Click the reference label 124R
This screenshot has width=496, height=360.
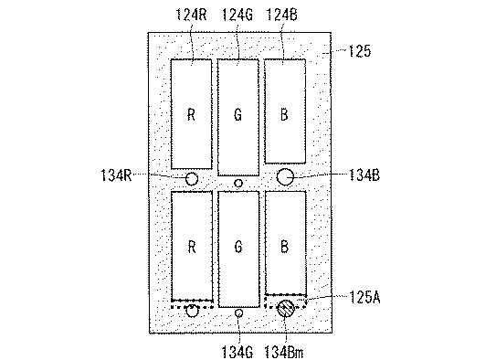click(x=191, y=15)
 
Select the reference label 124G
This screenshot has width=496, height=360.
click(x=237, y=15)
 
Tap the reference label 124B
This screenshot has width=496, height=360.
click(x=282, y=15)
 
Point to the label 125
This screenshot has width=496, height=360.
click(x=359, y=51)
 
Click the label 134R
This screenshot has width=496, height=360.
click(x=116, y=175)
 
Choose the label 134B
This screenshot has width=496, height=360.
click(x=364, y=175)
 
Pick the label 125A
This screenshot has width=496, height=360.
click(x=364, y=297)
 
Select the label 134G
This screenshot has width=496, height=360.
click(x=237, y=352)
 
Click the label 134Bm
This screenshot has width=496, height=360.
click(x=284, y=352)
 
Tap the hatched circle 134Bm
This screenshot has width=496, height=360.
click(x=286, y=309)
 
